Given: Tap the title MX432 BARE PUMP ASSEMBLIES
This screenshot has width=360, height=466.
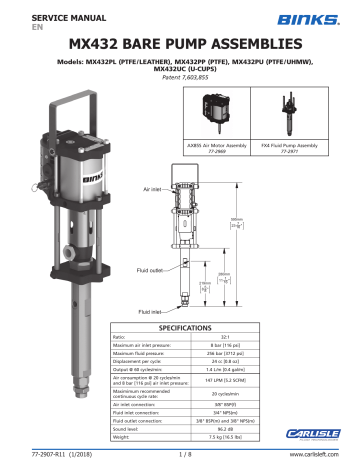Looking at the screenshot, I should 180,45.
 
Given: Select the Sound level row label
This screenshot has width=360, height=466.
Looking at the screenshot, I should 132,428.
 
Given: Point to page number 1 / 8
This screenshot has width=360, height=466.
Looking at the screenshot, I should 179,457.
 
